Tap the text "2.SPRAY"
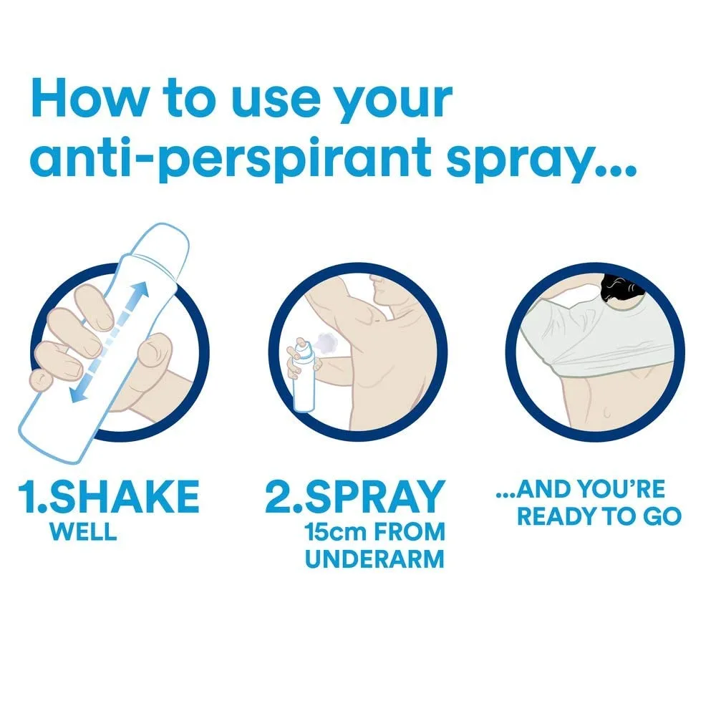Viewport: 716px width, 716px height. (x=355, y=496)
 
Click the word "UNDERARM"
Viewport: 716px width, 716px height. (x=374, y=558)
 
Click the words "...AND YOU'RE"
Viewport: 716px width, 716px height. (x=580, y=490)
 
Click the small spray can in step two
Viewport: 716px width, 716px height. (x=304, y=379)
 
